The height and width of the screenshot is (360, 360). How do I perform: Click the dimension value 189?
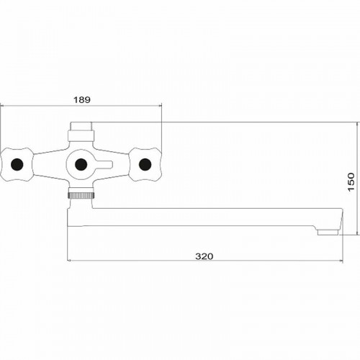(82, 99)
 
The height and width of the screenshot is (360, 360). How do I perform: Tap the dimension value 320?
(204, 256)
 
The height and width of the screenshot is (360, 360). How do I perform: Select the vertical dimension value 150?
(351, 181)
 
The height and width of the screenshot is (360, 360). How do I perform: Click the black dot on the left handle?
(17, 164)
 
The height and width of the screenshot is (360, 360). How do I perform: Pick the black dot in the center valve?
(81, 164)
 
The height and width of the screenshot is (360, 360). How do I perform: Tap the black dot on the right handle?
(145, 164)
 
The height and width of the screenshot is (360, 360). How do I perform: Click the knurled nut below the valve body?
(81, 195)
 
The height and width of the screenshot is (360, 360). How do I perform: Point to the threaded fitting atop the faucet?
(81, 126)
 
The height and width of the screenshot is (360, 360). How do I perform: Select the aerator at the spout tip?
(328, 232)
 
